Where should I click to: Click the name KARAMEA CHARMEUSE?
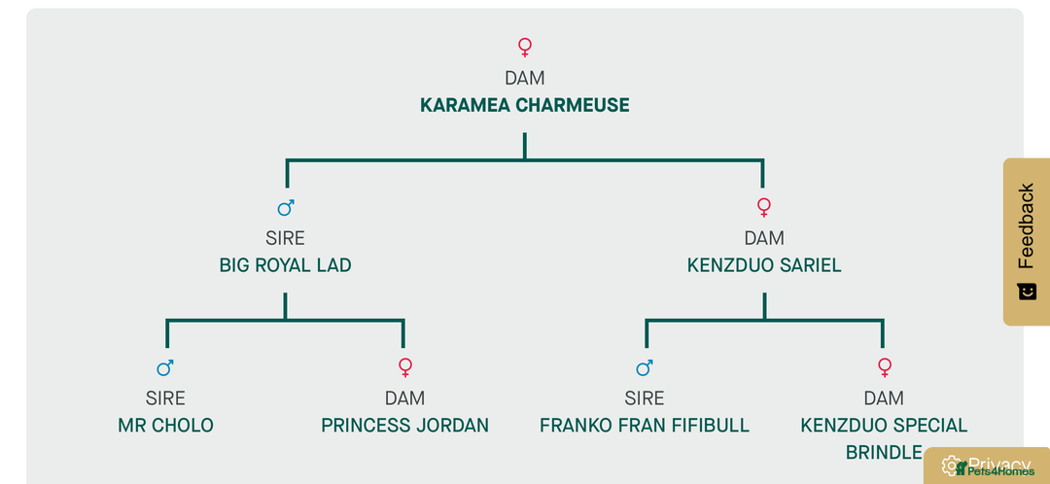524,105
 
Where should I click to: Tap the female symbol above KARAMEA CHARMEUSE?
525,46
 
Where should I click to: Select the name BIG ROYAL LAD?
285,265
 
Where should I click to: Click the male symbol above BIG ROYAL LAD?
286,207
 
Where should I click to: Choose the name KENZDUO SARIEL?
764,265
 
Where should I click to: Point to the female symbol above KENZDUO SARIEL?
764,207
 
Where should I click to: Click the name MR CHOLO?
165,426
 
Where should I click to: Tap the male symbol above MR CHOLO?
165,367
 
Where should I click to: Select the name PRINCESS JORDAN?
404,426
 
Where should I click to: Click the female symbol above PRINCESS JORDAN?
405,367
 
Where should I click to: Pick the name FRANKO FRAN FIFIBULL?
645,426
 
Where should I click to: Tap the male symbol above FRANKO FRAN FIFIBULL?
645,367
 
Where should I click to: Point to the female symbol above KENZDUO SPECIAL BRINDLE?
884,367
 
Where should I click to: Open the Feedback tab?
1026,240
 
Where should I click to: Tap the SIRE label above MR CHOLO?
165,398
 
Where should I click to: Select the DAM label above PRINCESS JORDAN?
404,398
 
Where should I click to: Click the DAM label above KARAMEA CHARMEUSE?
525,78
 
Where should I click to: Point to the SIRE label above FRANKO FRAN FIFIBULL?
645,398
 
